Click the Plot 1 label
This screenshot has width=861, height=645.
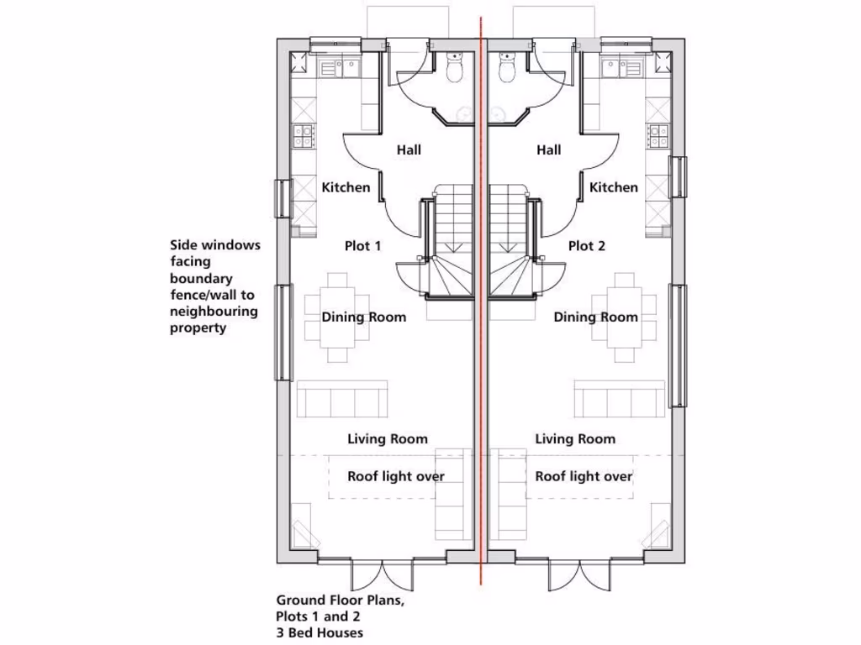[362, 246]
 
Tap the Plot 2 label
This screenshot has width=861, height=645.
[586, 246]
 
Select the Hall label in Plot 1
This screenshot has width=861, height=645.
[409, 150]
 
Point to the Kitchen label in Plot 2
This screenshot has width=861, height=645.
[613, 187]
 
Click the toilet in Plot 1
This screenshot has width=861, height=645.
[455, 70]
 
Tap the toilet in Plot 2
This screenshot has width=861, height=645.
[507, 70]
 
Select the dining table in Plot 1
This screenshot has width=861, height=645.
[337, 317]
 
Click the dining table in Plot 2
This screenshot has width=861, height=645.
[623, 317]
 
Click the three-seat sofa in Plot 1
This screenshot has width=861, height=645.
[341, 400]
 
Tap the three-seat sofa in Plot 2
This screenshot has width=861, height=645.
[619, 400]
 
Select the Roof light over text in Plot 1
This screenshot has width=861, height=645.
[396, 476]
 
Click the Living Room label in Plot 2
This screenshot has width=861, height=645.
[575, 438]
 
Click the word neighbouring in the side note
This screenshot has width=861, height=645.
[214, 312]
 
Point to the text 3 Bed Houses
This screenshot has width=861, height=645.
[320, 632]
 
